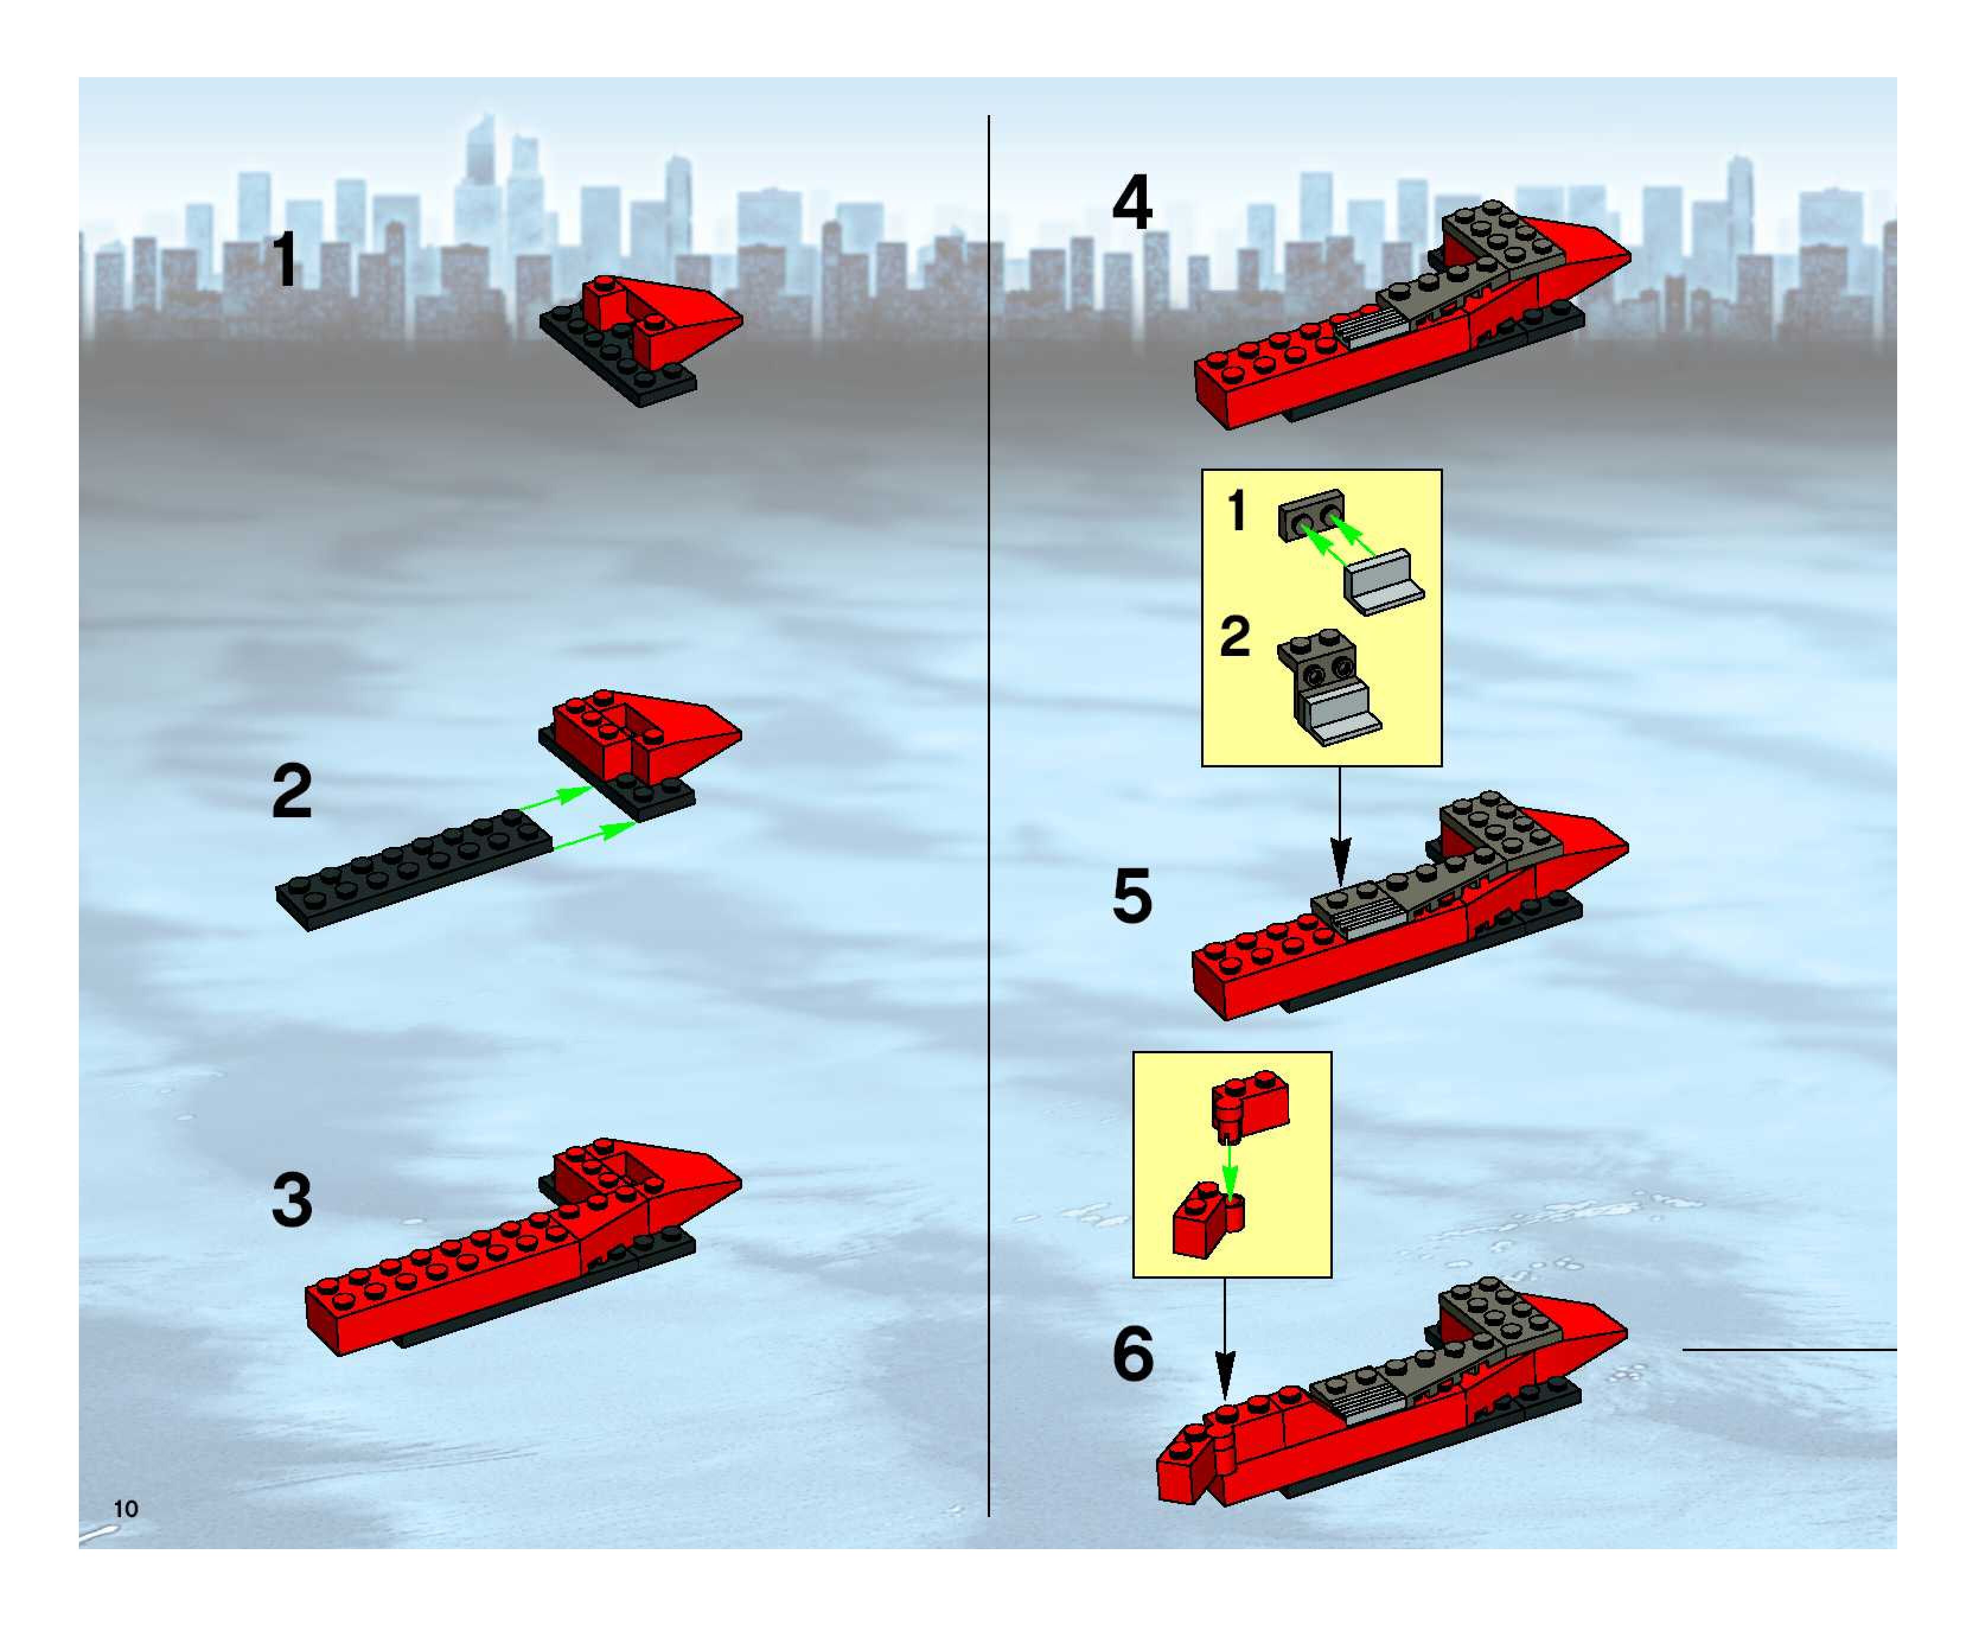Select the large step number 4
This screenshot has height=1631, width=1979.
tap(1132, 205)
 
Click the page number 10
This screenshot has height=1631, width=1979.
tap(126, 1509)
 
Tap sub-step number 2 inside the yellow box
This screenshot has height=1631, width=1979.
tap(1235, 637)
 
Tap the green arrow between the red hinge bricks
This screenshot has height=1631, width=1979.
tap(1230, 1168)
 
